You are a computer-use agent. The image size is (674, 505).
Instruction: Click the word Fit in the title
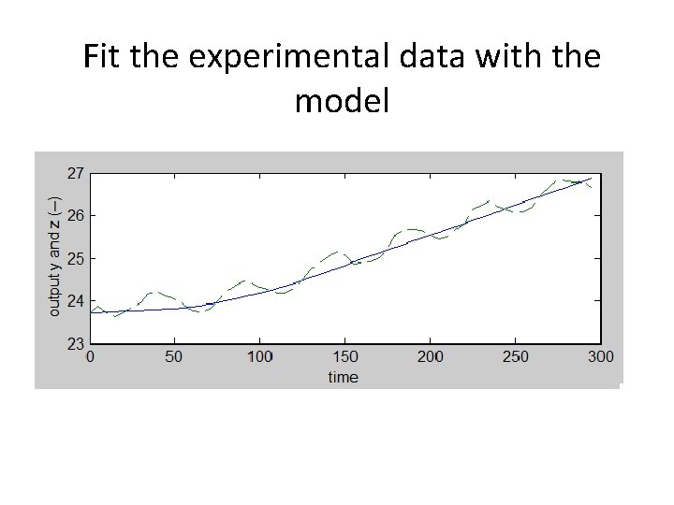pyautogui.click(x=102, y=57)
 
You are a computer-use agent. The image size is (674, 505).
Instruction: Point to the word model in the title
pyautogui.click(x=341, y=100)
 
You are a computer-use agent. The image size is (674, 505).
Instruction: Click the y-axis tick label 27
pyautogui.click(x=74, y=173)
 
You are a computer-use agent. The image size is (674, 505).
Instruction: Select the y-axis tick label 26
pyautogui.click(x=74, y=215)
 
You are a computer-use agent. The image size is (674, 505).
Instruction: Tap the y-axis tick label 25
pyautogui.click(x=74, y=258)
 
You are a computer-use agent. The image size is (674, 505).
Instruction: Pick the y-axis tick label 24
pyautogui.click(x=74, y=300)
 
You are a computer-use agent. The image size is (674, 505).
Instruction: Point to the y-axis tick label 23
pyautogui.click(x=74, y=343)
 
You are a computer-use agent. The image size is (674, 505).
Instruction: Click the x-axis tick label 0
pyautogui.click(x=90, y=357)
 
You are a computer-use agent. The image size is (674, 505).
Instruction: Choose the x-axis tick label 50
pyautogui.click(x=174, y=357)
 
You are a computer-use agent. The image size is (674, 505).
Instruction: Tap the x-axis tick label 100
pyautogui.click(x=259, y=357)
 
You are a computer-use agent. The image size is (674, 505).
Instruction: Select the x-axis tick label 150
pyautogui.click(x=344, y=357)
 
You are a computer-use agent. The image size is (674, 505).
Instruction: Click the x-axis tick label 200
pyautogui.click(x=430, y=357)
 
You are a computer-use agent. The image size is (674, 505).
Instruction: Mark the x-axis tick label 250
pyautogui.click(x=515, y=357)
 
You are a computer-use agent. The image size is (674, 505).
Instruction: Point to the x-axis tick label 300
pyautogui.click(x=599, y=357)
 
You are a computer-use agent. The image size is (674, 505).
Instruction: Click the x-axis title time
pyautogui.click(x=343, y=377)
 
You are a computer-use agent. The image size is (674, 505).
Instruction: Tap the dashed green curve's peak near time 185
pyautogui.click(x=408, y=229)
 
